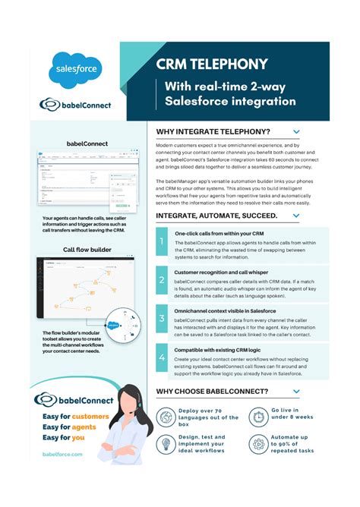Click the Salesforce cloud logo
pyautogui.click(x=74, y=71)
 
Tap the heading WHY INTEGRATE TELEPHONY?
pyautogui.click(x=213, y=132)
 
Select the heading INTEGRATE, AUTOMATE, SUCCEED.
pyautogui.click(x=216, y=216)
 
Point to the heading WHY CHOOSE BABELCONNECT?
pyautogui.click(x=212, y=392)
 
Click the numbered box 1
pyautogui.click(x=162, y=244)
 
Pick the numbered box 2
pyautogui.click(x=162, y=281)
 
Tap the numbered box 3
pyautogui.click(x=162, y=319)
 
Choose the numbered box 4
pyautogui.click(x=162, y=356)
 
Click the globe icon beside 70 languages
pyautogui.click(x=166, y=416)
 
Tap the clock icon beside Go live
pyautogui.click(x=258, y=416)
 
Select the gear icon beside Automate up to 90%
pyautogui.click(x=258, y=445)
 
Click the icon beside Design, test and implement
pyautogui.click(x=166, y=445)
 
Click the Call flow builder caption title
pyautogui.click(x=87, y=249)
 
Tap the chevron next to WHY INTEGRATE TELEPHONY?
pyautogui.click(x=296, y=132)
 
